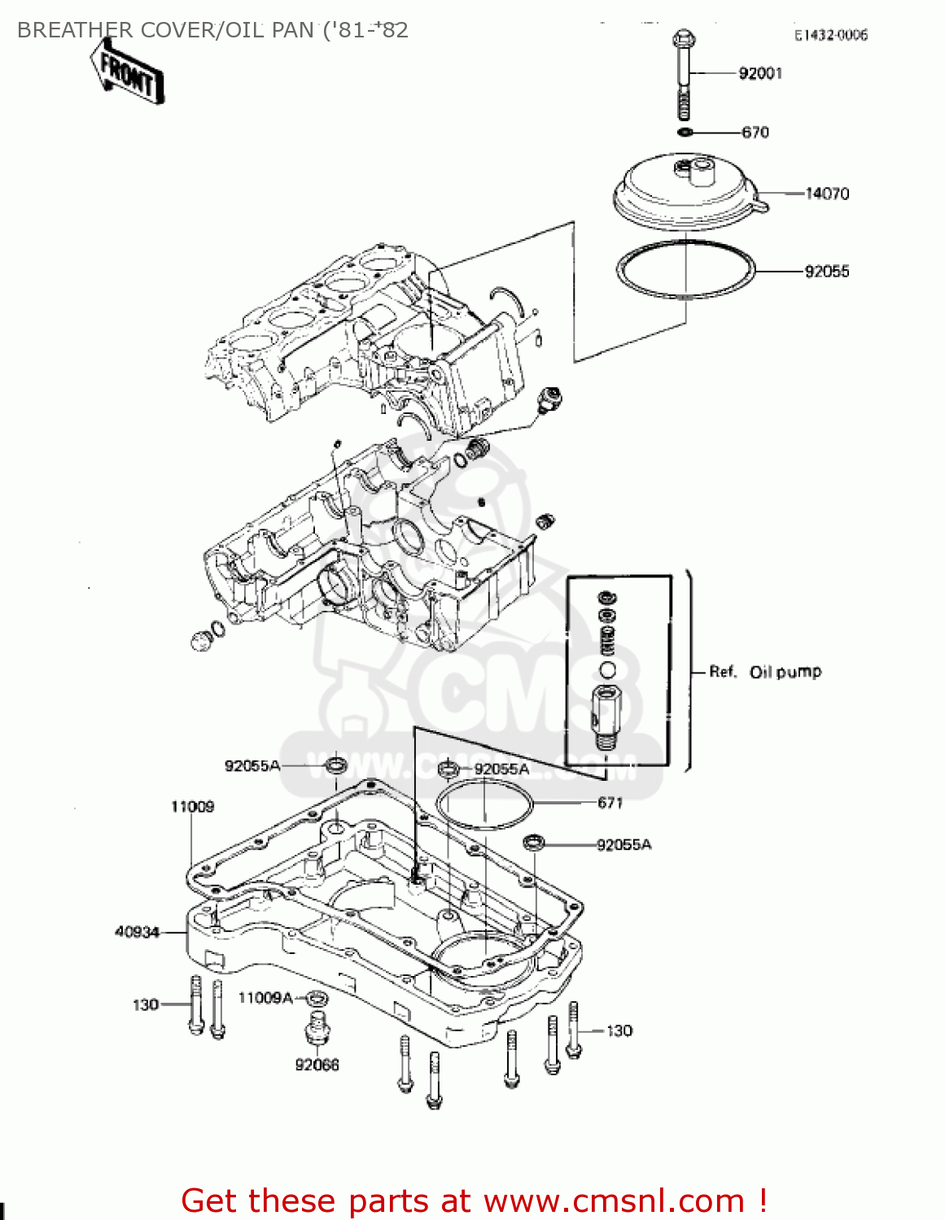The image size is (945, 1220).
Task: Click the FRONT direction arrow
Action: pos(128,72)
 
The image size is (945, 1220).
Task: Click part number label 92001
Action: pos(759,73)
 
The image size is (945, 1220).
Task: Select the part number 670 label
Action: pos(755,132)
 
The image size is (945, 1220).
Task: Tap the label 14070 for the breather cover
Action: pos(826,194)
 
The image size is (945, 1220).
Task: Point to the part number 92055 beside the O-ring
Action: pos(826,271)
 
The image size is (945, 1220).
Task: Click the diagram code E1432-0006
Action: pos(831,35)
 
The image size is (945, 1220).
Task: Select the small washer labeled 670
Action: pos(685,132)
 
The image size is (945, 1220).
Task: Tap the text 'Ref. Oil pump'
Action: pos(765,672)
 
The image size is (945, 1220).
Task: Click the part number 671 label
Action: pos(610,803)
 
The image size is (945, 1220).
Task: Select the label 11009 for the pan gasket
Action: pos(192,807)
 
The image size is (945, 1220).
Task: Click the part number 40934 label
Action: pos(137,932)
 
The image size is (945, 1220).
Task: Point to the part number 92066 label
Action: pos(317,1065)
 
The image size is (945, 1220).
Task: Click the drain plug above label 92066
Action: pos(317,1028)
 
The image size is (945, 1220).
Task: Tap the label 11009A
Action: pos(265,998)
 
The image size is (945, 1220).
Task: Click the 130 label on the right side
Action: pos(619,1030)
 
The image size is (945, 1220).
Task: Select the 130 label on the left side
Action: pos(145,1004)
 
